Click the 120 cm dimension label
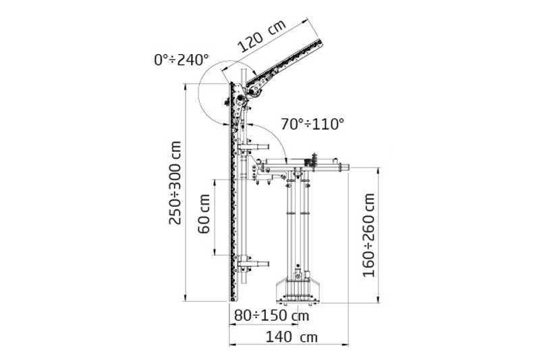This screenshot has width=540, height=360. click(x=262, y=36)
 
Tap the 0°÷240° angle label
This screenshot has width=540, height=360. click(x=182, y=60)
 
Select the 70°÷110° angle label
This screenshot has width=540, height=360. click(x=313, y=124)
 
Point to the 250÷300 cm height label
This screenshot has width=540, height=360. click(x=175, y=182)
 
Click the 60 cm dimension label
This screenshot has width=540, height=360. click(x=205, y=214)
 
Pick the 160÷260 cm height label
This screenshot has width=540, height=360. click(x=369, y=235)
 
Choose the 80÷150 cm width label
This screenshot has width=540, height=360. click(x=271, y=315)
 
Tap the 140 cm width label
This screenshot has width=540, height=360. click(x=292, y=337)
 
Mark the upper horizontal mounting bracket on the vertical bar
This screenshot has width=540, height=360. click(x=253, y=147)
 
